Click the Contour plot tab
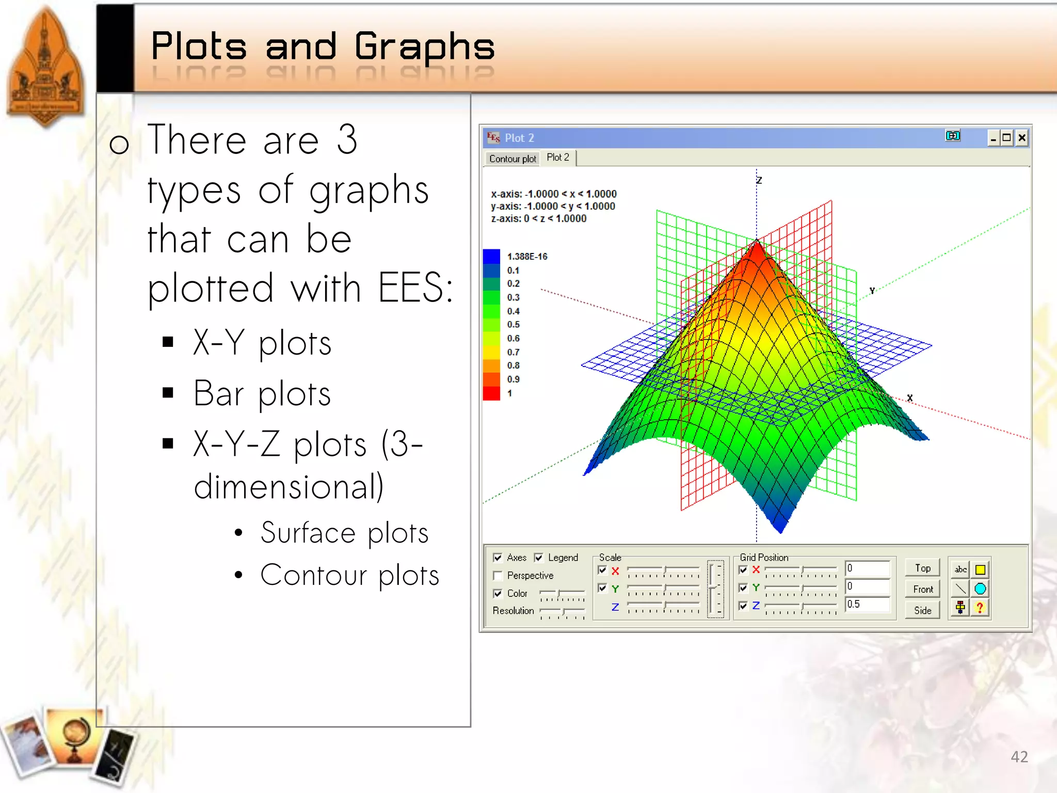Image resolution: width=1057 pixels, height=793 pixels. click(x=512, y=158)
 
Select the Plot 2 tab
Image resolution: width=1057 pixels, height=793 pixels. click(x=557, y=157)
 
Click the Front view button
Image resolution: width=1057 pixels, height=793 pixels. click(x=923, y=589)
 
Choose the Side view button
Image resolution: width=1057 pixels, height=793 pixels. click(x=923, y=610)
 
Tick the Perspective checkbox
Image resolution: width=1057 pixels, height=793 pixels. click(x=498, y=576)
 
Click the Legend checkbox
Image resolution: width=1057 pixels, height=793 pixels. click(x=539, y=558)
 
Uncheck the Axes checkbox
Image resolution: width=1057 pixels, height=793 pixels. click(x=498, y=558)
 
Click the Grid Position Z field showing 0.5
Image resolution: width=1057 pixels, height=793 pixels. click(x=867, y=604)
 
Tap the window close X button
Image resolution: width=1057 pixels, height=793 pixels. click(x=1021, y=138)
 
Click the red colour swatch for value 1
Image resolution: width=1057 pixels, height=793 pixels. click(x=491, y=393)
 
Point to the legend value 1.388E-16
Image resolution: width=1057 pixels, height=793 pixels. click(x=527, y=257)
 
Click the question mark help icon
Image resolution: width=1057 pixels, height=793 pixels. click(x=980, y=608)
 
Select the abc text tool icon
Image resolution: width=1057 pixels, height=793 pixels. click(x=960, y=569)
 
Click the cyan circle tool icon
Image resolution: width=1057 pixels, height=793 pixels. click(x=980, y=589)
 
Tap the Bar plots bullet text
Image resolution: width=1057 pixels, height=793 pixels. click(x=262, y=394)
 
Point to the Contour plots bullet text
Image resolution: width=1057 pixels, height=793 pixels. click(x=349, y=575)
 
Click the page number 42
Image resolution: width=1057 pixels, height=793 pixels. click(x=1019, y=756)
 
